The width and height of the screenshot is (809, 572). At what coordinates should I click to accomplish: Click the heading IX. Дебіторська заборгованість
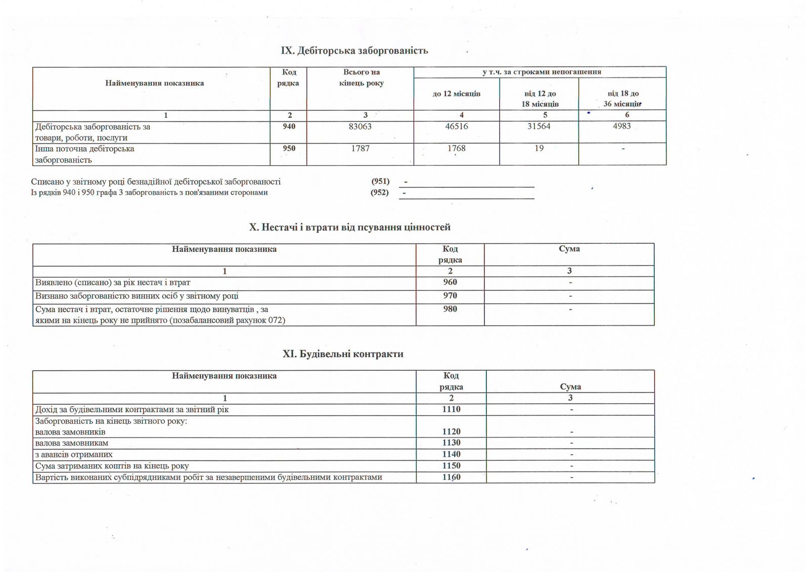pos(354,51)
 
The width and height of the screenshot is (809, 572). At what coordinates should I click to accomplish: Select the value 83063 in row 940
pos(360,126)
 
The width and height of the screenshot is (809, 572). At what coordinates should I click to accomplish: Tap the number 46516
pos(456,126)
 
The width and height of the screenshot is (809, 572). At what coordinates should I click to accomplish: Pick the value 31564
pos(538,126)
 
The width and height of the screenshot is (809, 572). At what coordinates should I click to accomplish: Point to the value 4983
pos(621,126)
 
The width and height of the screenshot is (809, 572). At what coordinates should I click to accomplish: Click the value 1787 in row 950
pos(360,149)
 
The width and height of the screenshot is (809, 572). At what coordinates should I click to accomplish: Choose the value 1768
pos(456,149)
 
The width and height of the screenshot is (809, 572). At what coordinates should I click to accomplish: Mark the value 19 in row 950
pos(539,149)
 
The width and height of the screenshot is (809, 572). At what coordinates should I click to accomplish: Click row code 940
pos(289,126)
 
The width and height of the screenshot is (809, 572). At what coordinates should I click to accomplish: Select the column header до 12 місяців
pos(456,94)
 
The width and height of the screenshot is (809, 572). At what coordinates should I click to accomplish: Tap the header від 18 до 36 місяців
pos(622,99)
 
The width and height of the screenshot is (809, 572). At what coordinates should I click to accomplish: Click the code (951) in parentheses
pos(380,182)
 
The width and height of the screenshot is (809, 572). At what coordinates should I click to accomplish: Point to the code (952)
pos(379,193)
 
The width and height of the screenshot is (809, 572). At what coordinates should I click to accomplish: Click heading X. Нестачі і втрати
pos(349,228)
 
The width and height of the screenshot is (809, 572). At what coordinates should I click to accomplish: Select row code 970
pos(450,296)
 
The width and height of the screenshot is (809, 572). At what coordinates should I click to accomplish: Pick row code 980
pos(450,309)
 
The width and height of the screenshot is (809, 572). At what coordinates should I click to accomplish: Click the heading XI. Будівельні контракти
pos(343,354)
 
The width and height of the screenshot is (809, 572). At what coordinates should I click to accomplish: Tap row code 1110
pos(451,410)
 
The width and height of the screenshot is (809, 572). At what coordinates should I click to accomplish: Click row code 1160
pos(451,477)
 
